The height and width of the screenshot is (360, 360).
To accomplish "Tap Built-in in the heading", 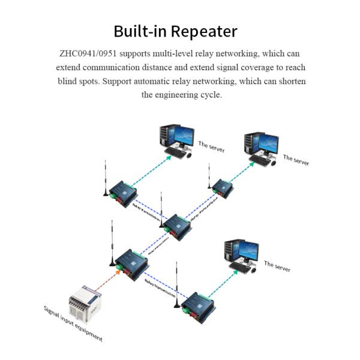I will coord(140,31).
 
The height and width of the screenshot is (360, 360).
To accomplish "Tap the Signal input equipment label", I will coord(73,324).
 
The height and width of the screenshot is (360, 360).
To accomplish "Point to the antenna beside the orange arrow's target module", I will coord(112,246).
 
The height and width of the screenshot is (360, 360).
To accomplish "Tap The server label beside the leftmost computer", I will coord(211,146).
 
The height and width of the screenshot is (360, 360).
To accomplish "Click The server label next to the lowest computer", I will coord(277,266).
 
